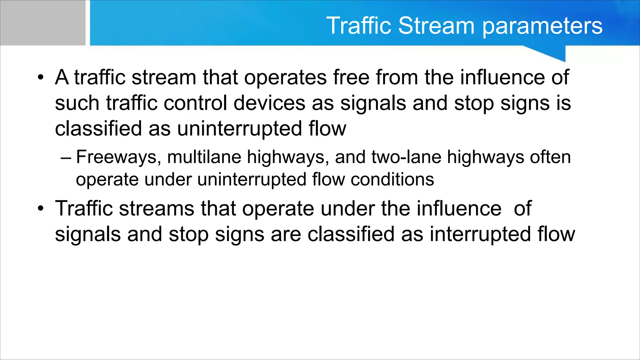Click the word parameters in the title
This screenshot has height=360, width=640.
pos(542,26)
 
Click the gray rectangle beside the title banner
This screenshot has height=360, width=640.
pos(42,22)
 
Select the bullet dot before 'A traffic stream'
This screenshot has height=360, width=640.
pos(40,77)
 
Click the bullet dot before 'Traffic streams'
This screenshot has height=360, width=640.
pos(40,209)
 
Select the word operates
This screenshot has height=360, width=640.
pos(285,78)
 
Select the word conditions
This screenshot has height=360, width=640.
pos(392,179)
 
